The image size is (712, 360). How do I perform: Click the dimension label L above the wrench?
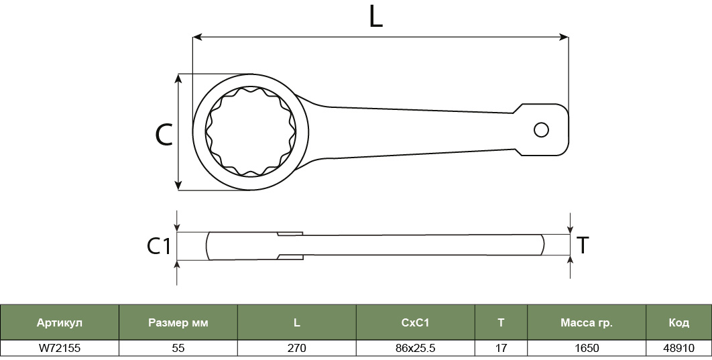pyautogui.click(x=375, y=17)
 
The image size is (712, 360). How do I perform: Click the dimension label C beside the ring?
pyautogui.click(x=164, y=134)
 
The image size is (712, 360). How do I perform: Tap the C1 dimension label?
pyautogui.click(x=158, y=245)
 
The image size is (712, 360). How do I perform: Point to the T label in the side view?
pyautogui.click(x=582, y=245)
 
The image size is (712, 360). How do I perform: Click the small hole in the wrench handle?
pyautogui.click(x=541, y=130)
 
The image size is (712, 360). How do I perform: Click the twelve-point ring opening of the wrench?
pyautogui.click(x=251, y=131)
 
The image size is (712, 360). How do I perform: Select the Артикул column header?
pyautogui.click(x=60, y=322)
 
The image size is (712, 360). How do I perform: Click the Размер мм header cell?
pyautogui.click(x=178, y=322)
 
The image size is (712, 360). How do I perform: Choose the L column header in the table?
pyautogui.click(x=296, y=322)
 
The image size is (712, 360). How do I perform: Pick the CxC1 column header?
pyautogui.click(x=416, y=322)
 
